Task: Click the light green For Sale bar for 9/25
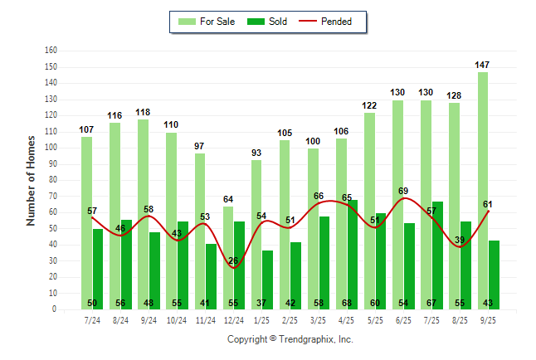pyautogui.click(x=483, y=191)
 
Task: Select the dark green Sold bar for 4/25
pyautogui.click(x=353, y=254)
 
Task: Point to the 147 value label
pyautogui.click(x=483, y=65)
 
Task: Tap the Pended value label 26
pyautogui.click(x=233, y=260)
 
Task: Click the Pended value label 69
pyautogui.click(x=403, y=191)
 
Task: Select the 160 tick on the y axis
pyautogui.click(x=51, y=50)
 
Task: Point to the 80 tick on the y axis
pyautogui.click(x=53, y=180)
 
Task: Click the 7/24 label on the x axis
pyautogui.click(x=92, y=318)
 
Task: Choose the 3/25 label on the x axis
pyautogui.click(x=319, y=318)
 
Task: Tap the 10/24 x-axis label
pyautogui.click(x=177, y=318)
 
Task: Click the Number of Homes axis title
pyautogui.click(x=32, y=180)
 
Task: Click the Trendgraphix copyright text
pyautogui.click(x=290, y=339)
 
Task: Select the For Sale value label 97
pyautogui.click(x=200, y=146)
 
